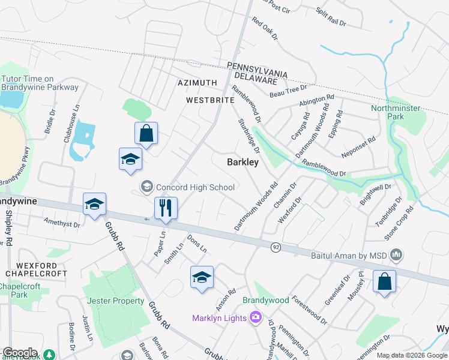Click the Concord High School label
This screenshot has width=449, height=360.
click(x=195, y=187)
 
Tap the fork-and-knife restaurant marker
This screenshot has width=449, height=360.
click(x=164, y=208)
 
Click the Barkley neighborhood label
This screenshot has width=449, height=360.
click(x=243, y=162)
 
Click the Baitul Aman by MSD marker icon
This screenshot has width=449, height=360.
click(x=396, y=256)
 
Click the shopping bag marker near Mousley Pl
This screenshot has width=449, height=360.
click(x=384, y=281)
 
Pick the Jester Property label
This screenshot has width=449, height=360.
click(x=116, y=301)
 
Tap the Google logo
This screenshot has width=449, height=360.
click(x=20, y=353)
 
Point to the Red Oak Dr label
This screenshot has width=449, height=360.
click(x=265, y=29)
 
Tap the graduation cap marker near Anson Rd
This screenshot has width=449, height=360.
click(x=202, y=277)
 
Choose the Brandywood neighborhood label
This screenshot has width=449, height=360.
click(x=265, y=300)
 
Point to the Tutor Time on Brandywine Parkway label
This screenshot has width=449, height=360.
click(x=40, y=83)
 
